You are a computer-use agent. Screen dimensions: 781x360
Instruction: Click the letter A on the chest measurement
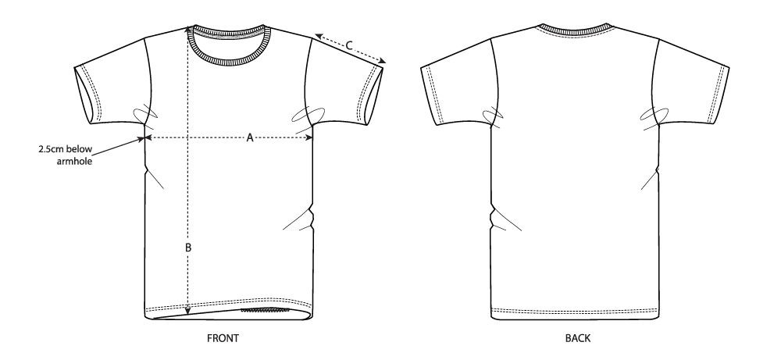250,137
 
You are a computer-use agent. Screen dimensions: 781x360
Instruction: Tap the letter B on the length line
188,248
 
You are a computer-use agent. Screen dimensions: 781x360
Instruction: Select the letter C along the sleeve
349,46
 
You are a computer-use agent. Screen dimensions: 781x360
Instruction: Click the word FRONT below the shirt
223,339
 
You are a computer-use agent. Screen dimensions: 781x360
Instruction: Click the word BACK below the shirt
578,339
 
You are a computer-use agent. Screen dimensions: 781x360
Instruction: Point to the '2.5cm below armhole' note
66,155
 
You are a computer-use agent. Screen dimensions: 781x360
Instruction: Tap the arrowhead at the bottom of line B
187,312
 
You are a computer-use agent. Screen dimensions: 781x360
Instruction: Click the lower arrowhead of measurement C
382,61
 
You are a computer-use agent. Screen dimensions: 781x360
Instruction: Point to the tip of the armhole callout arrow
144,139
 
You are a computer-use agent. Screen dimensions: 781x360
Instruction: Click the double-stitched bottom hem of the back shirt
576,312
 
